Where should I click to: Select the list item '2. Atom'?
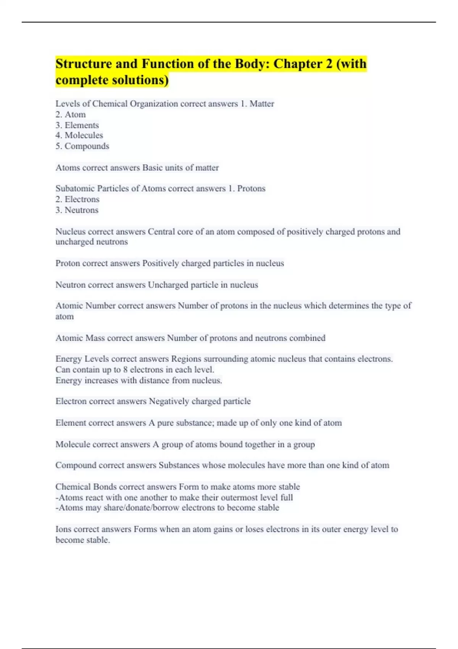click(71, 115)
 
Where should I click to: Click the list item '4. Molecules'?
click(79, 135)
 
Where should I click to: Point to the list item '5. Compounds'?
click(82, 146)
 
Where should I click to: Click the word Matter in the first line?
click(262, 104)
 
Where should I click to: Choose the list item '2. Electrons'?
click(77, 199)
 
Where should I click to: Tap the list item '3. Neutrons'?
click(77, 210)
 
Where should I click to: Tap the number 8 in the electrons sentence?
click(126, 370)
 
